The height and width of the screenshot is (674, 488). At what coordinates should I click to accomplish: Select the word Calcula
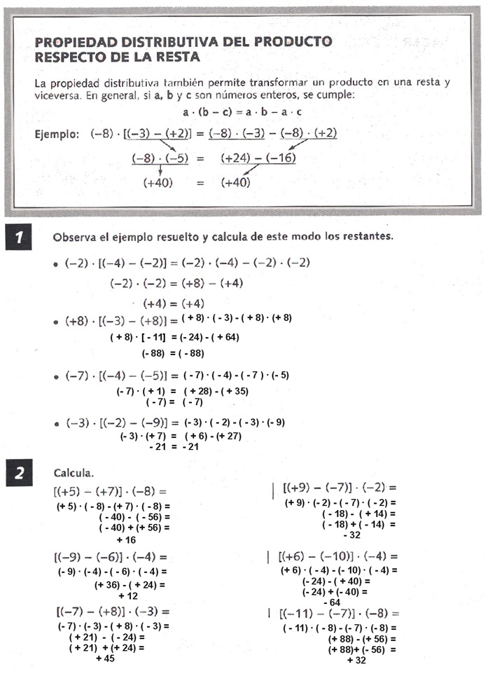point(74,473)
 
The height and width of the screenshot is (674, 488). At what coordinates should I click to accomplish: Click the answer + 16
point(126,540)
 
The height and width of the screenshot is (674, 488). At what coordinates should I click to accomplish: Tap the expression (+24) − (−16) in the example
point(258,158)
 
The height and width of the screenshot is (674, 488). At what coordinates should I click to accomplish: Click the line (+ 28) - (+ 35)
point(216,391)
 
